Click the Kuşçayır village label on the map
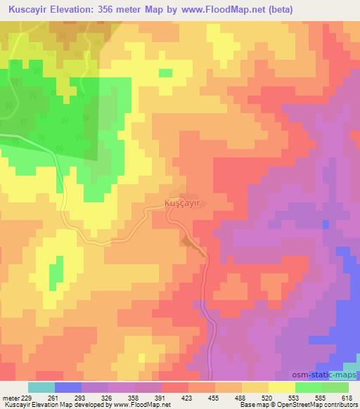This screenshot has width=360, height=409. (x=182, y=202)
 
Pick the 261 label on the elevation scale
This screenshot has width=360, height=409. (x=69, y=397)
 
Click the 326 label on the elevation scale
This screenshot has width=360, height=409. (x=115, y=397)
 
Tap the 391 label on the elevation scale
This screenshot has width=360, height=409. (x=160, y=397)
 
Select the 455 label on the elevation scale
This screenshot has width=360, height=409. (x=206, y=397)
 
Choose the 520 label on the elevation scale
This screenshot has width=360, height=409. (x=252, y=397)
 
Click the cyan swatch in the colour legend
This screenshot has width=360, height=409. (x=41, y=387)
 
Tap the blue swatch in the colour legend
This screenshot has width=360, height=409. (x=67, y=387)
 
